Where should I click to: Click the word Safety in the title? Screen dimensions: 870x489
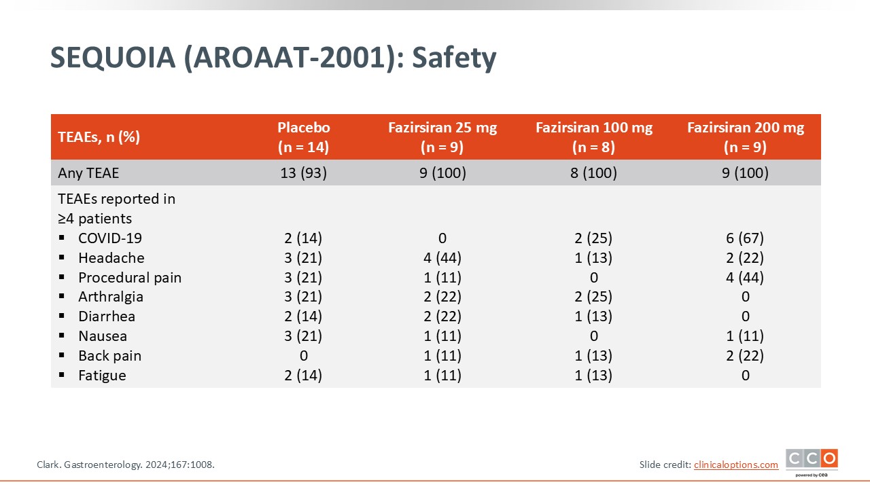(x=454, y=58)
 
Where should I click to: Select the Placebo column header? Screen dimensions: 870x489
(x=303, y=137)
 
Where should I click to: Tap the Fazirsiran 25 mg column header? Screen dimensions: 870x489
(x=442, y=137)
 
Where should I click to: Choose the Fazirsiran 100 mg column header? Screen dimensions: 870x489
(x=594, y=137)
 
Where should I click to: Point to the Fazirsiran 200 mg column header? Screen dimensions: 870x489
(x=746, y=137)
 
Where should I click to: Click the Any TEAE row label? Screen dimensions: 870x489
(x=88, y=173)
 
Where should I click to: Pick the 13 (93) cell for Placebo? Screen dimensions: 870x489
(x=303, y=173)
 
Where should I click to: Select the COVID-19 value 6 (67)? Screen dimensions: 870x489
(x=745, y=238)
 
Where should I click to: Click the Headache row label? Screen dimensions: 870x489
(x=111, y=257)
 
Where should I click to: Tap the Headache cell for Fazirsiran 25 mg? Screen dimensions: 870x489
(x=442, y=257)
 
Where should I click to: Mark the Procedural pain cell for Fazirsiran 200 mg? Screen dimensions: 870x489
(x=745, y=278)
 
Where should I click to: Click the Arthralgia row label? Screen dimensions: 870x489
(x=111, y=297)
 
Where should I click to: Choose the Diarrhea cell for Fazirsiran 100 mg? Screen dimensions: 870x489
(x=593, y=316)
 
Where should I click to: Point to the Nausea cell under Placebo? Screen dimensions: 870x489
(x=303, y=336)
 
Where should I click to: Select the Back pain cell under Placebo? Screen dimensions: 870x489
(x=304, y=355)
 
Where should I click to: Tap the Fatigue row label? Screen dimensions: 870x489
(x=102, y=376)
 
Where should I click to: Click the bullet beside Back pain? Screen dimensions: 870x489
(x=61, y=355)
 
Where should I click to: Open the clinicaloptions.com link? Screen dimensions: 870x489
(x=736, y=465)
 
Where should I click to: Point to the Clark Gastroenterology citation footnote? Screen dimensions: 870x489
(x=126, y=465)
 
